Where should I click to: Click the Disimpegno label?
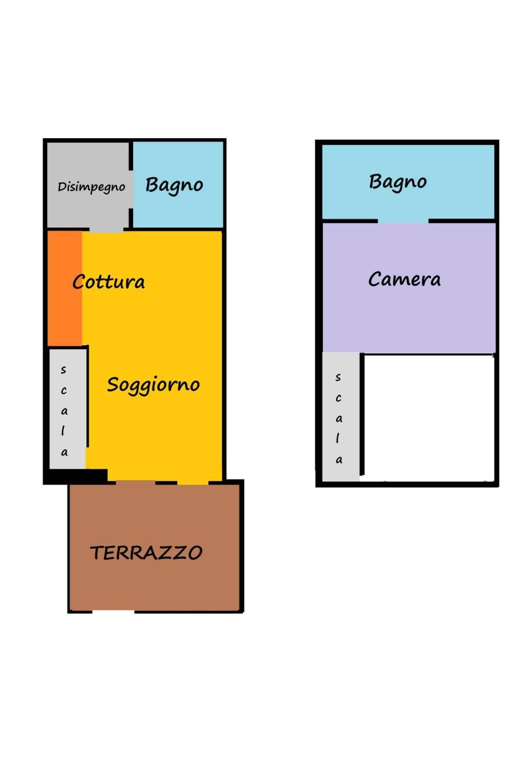(91, 187)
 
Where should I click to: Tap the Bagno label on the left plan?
(174, 185)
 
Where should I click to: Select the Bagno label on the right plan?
(397, 182)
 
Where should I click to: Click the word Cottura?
(108, 282)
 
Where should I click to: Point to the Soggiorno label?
(153, 385)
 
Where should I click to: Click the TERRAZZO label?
(146, 552)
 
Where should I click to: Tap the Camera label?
(404, 279)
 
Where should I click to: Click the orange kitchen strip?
(65, 288)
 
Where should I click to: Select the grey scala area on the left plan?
(67, 409)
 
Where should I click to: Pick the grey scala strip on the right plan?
(340, 416)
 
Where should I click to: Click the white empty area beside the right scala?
(429, 418)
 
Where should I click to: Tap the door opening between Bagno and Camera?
(403, 221)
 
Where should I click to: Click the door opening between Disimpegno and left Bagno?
(131, 189)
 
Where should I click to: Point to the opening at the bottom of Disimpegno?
(106, 230)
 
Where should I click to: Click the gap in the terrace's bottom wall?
(113, 612)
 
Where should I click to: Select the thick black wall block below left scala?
(76, 476)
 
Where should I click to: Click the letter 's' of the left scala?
(63, 369)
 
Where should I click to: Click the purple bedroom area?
(409, 287)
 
